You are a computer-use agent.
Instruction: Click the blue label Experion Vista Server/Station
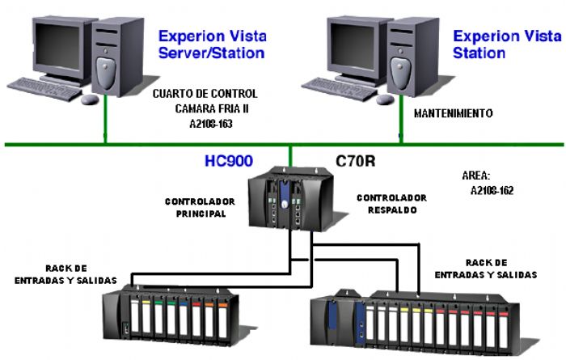tap(211, 44)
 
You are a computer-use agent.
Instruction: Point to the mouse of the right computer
tap(386, 99)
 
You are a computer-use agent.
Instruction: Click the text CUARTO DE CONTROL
tap(205, 94)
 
